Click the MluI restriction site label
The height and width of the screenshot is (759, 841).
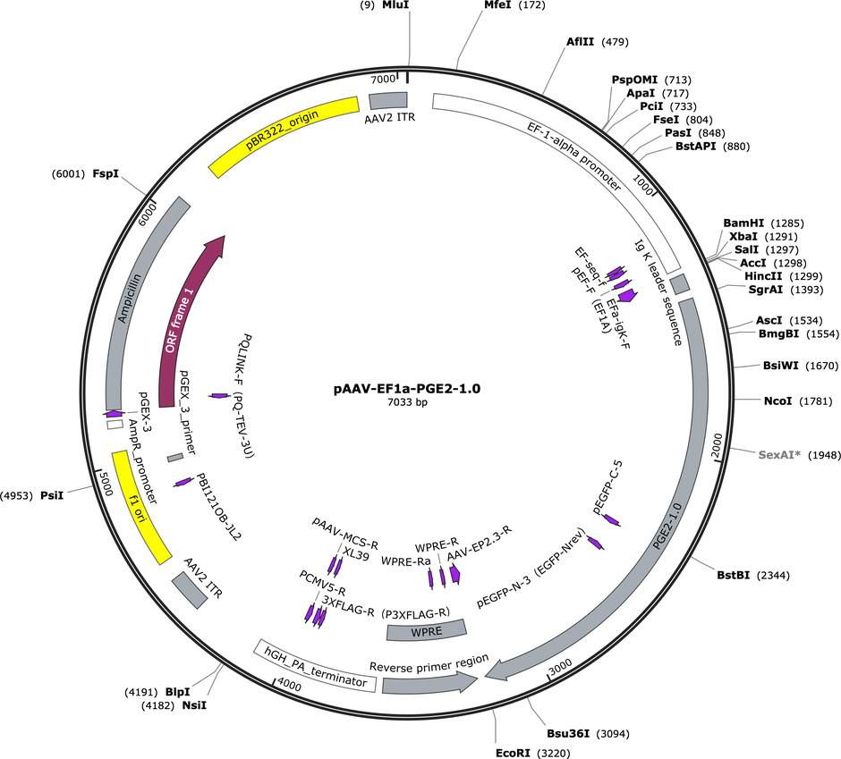tap(395, 5)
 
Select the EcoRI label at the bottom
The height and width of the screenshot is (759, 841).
tap(513, 753)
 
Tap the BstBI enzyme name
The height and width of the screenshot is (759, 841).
tap(734, 575)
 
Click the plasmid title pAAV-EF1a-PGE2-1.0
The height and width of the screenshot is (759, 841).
tap(407, 389)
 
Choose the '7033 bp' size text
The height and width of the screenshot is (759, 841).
tap(407, 402)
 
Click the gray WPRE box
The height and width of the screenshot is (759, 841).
tap(427, 631)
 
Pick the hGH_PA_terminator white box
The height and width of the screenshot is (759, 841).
tap(315, 666)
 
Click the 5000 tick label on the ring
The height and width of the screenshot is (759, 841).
tap(106, 484)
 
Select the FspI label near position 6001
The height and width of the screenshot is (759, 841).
tap(106, 173)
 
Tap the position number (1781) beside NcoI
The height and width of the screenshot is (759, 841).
tap(816, 401)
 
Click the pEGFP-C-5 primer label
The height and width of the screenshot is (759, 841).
tap(607, 486)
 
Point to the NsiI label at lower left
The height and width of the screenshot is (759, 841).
tap(194, 705)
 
